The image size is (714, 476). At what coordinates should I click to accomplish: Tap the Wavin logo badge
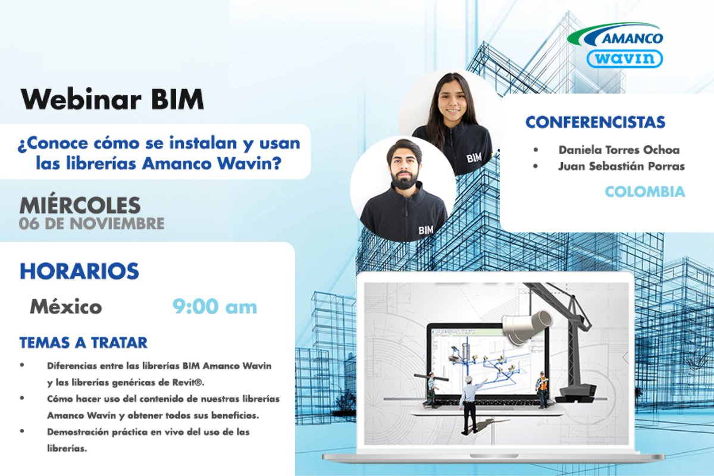pos(625,58)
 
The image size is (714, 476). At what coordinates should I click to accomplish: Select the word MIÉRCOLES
pos(80,205)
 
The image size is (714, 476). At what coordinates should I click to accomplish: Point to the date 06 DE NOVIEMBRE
pos(92,224)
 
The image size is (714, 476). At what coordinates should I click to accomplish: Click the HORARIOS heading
pos(79,271)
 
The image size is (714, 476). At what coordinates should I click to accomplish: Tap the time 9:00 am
pos(215,307)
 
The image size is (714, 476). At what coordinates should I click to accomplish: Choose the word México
pos(66,307)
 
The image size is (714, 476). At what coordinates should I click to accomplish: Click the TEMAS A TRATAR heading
pos(83,343)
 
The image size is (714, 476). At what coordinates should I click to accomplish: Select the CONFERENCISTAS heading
pos(595,123)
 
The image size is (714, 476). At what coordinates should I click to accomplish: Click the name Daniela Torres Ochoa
pos(619,150)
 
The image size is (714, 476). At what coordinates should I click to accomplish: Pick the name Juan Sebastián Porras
pos(621,166)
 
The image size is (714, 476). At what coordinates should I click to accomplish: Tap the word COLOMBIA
pos(645,192)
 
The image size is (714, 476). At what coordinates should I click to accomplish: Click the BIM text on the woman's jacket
pos(474,158)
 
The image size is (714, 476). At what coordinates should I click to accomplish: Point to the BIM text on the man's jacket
pos(426,229)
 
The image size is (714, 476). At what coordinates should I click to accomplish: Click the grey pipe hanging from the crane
pos(527,324)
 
